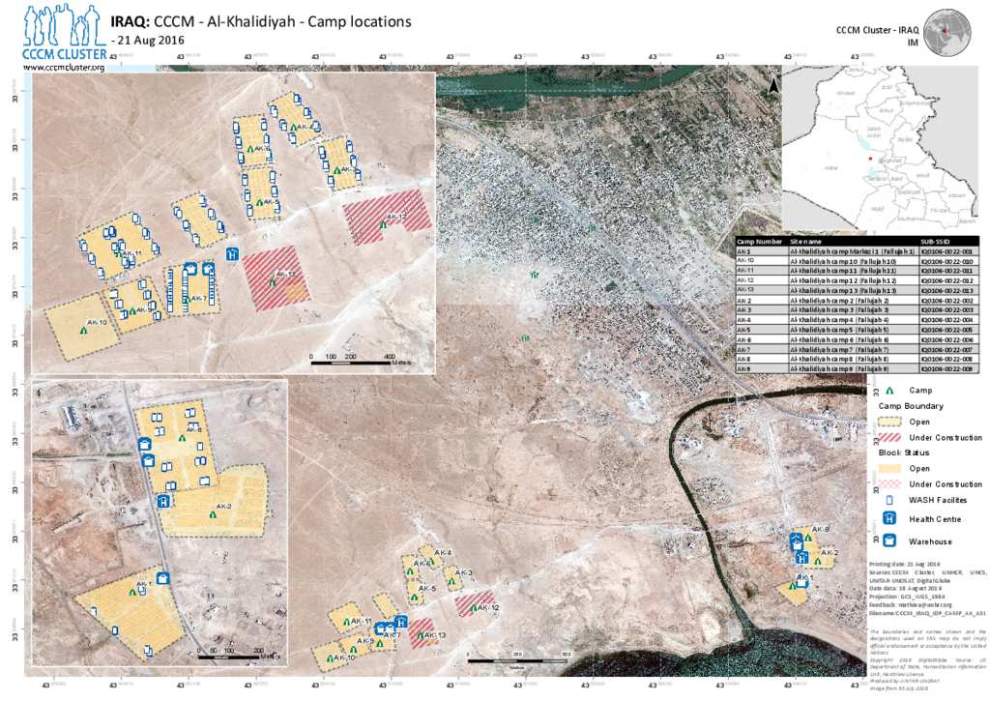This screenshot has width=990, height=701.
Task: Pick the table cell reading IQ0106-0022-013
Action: click(x=946, y=290)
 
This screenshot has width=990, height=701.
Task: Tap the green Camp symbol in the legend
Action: click(x=888, y=389)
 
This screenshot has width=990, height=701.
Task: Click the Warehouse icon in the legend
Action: click(x=888, y=540)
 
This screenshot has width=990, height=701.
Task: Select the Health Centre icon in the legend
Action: click(x=888, y=519)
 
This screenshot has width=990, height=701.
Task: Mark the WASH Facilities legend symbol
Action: click(x=888, y=499)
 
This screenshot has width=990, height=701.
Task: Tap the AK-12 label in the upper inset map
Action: click(x=396, y=217)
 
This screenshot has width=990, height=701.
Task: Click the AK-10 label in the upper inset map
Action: click(x=95, y=321)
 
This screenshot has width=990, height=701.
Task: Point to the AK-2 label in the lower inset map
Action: click(x=224, y=506)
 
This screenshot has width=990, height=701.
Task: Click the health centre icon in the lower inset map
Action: click(x=163, y=501)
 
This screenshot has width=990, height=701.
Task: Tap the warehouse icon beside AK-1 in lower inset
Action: click(x=163, y=578)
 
